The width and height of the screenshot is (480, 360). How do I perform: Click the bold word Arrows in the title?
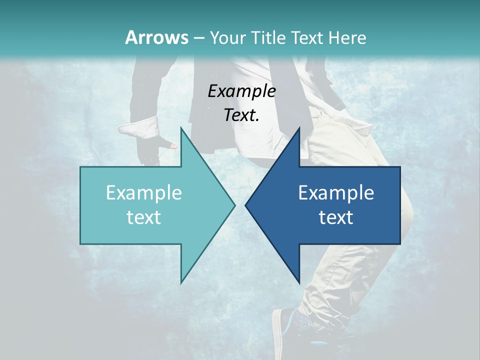click(157, 37)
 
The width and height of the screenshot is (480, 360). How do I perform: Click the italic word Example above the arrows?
click(241, 91)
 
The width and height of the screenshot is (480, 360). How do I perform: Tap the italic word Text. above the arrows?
click(241, 115)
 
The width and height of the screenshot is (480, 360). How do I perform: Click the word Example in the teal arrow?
click(144, 192)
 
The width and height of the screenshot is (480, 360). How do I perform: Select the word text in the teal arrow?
click(144, 217)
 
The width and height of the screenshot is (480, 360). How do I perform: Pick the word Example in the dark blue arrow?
click(336, 192)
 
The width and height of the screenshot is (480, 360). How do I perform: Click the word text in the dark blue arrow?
click(336, 217)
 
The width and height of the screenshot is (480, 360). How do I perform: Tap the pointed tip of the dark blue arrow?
click(246, 205)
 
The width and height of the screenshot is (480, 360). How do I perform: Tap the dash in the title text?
click(198, 37)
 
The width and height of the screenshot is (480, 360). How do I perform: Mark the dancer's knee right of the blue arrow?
click(407, 205)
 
